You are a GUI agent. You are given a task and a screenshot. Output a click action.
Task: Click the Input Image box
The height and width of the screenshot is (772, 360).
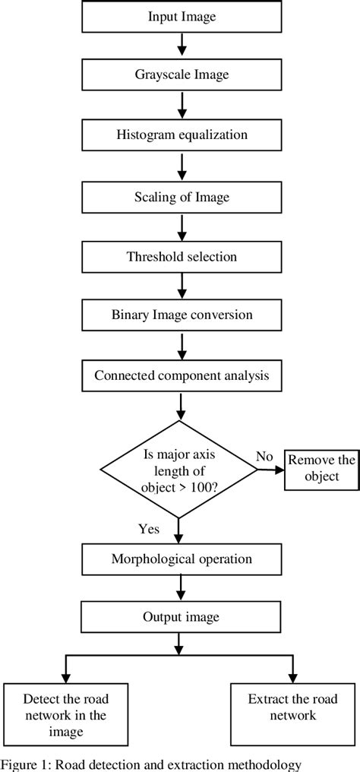tap(181, 17)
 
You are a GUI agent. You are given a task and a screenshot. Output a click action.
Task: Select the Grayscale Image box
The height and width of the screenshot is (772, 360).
tap(181, 76)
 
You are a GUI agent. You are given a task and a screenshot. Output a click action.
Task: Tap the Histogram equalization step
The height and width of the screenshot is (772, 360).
tap(181, 135)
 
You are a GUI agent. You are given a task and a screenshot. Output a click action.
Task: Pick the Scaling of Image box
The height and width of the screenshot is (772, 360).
tap(181, 196)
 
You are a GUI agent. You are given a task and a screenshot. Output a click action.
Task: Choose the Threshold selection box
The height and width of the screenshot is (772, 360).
tap(181, 256)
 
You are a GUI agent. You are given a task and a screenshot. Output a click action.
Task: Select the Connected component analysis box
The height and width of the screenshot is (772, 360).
tap(181, 375)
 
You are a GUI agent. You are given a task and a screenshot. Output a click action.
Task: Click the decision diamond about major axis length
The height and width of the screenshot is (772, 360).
tap(180, 470)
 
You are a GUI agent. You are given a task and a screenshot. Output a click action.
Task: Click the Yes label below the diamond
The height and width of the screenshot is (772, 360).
tap(150, 529)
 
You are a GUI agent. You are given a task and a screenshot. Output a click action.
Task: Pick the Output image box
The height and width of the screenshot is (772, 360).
tap(181, 618)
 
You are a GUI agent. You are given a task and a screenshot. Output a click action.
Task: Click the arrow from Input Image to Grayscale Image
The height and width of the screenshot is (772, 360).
tap(181, 46)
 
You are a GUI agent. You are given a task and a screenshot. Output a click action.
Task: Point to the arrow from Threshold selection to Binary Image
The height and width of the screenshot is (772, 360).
tap(181, 286)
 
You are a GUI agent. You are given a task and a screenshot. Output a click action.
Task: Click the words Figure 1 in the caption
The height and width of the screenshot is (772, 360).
tap(24, 764)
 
